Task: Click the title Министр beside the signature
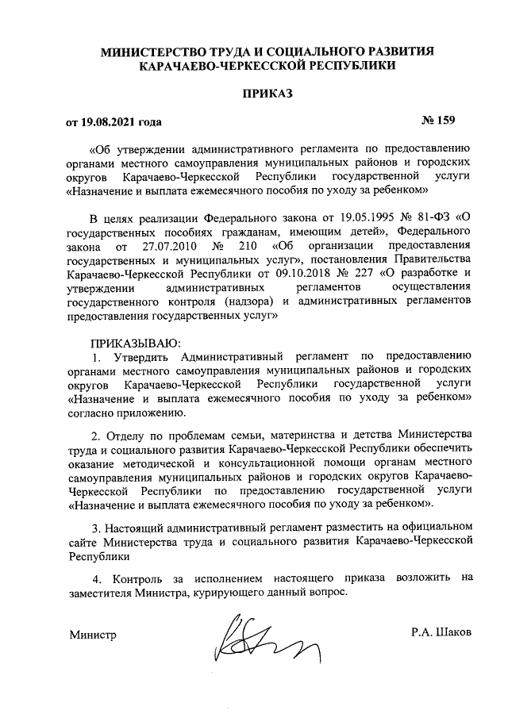click(x=93, y=635)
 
